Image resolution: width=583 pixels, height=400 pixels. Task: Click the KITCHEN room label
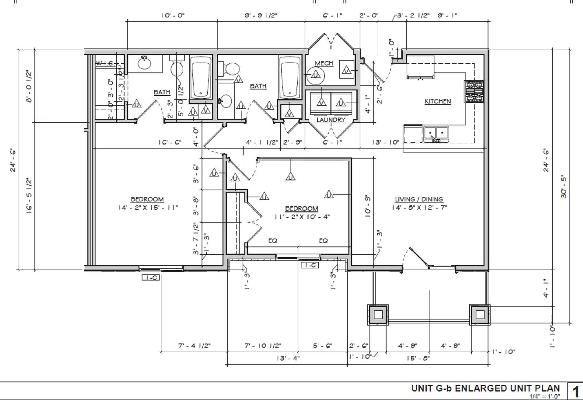tap(438, 101)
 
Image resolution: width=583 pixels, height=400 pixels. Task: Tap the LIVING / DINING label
tap(419, 199)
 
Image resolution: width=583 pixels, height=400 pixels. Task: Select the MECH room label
tap(324, 63)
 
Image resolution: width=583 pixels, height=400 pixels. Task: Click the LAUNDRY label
tap(331, 120)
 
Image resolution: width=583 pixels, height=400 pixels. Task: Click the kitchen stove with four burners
tap(474, 91)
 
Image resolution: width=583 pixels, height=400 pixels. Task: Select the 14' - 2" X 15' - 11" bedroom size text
tap(148, 207)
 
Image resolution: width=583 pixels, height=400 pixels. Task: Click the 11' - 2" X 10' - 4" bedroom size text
tap(302, 217)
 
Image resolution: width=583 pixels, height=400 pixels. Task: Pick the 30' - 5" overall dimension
tap(564, 186)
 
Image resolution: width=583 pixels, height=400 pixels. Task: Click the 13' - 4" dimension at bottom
tap(288, 358)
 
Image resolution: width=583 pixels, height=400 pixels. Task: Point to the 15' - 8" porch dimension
tap(418, 358)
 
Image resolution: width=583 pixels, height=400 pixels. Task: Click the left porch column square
tap(378, 314)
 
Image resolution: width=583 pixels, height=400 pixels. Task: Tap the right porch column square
tap(480, 314)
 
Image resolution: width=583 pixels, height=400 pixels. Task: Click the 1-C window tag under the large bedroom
tap(150, 278)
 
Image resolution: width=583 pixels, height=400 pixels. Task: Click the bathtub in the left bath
tap(201, 77)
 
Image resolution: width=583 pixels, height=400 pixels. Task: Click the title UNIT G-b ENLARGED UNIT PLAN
tap(485, 388)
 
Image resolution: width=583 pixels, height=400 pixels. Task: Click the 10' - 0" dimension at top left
tap(173, 15)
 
